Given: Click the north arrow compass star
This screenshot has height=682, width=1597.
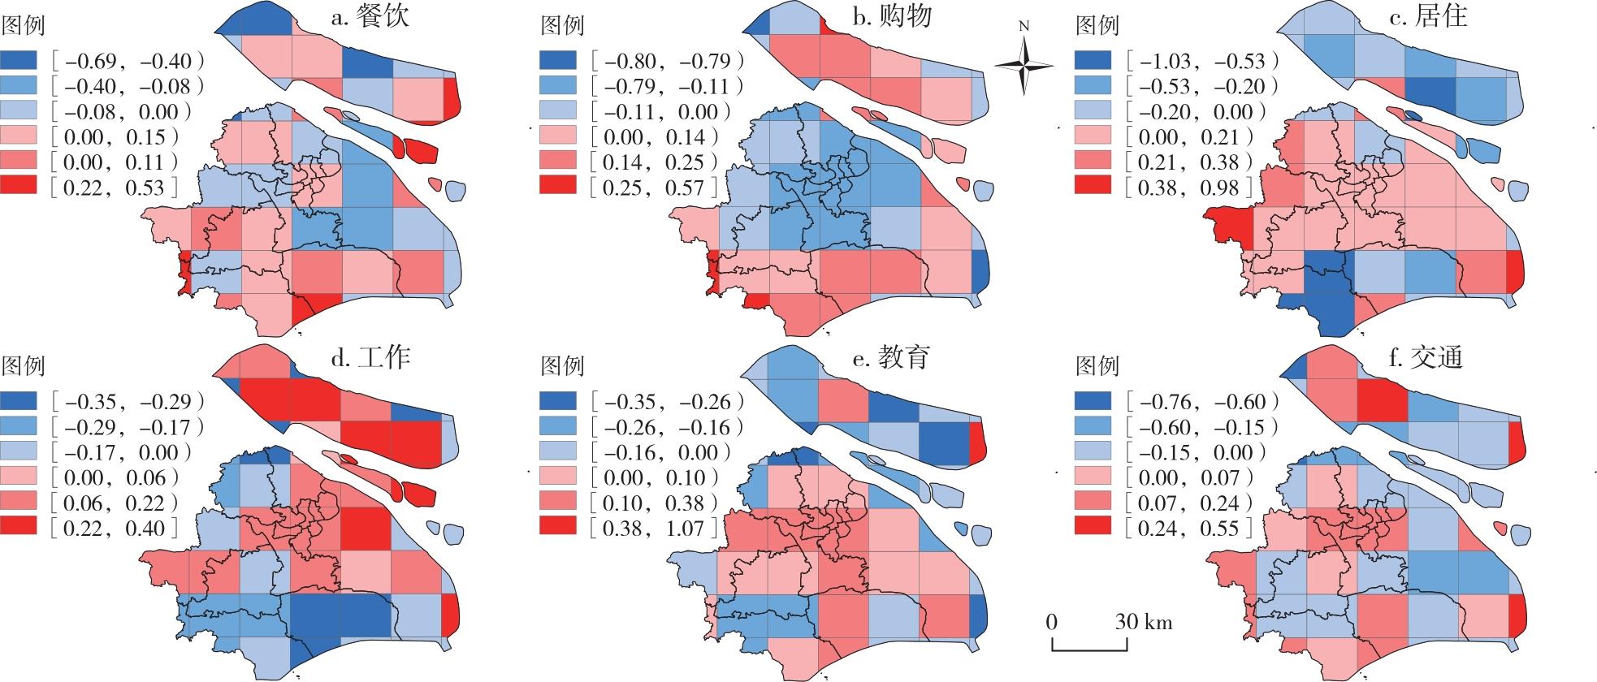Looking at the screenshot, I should (x=1024, y=64).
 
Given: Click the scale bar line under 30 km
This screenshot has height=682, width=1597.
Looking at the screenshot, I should (x=1089, y=649).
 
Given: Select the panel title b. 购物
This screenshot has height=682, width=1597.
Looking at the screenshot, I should (x=891, y=16).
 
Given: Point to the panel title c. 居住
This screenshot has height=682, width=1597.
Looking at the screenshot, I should (x=1428, y=16).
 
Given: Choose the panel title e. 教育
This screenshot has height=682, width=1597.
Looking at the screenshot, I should (x=891, y=357).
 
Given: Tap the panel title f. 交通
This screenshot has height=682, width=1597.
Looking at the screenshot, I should (x=1428, y=357).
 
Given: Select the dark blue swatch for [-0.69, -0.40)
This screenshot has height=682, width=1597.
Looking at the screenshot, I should (x=19, y=61).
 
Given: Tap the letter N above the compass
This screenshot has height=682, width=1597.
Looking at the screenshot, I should (x=1024, y=26).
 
